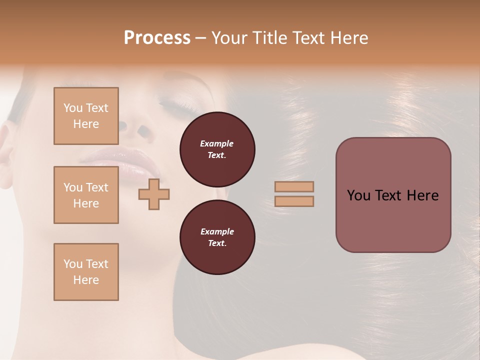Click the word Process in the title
[x=157, y=38]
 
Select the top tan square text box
[x=86, y=116]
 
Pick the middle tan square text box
[x=86, y=195]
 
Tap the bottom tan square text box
[x=86, y=272]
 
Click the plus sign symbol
[x=154, y=194]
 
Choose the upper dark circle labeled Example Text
[x=217, y=149]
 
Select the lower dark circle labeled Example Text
[x=217, y=237]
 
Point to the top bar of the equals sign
[x=294, y=186]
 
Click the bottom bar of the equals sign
[x=294, y=201]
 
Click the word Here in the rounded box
[x=422, y=195]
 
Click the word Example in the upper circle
[x=217, y=143]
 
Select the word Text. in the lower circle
[x=217, y=243]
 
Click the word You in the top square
[x=72, y=108]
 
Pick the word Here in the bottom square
[x=86, y=280]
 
